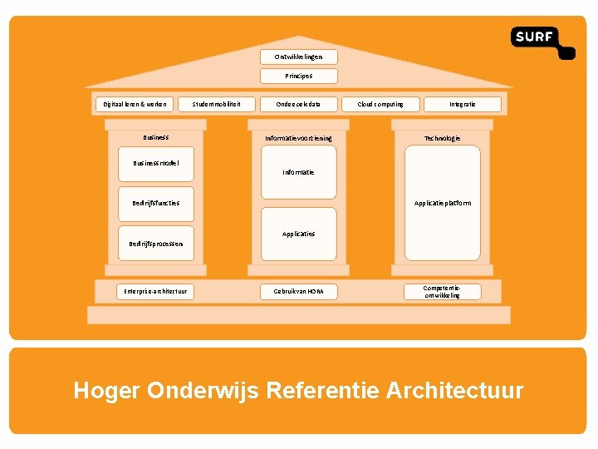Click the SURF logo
pyautogui.click(x=542, y=42)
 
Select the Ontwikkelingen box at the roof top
pyautogui.click(x=298, y=57)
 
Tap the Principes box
pyautogui.click(x=298, y=76)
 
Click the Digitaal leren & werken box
pyautogui.click(x=135, y=104)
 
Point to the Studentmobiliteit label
pyautogui.click(x=217, y=104)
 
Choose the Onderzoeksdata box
pyautogui.click(x=298, y=104)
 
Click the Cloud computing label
pyautogui.click(x=380, y=104)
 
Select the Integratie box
pyautogui.click(x=463, y=104)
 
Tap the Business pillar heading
pyautogui.click(x=155, y=137)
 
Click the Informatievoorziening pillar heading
pyautogui.click(x=298, y=138)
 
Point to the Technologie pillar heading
pyautogui.click(x=442, y=138)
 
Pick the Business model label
pyautogui.click(x=155, y=163)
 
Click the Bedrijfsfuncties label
pyautogui.click(x=155, y=203)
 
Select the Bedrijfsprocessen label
pyautogui.click(x=155, y=244)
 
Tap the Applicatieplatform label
pyautogui.click(x=443, y=203)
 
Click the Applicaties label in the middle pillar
pyautogui.click(x=298, y=234)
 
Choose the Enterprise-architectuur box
pyautogui.click(x=155, y=291)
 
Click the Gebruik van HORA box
pyautogui.click(x=298, y=291)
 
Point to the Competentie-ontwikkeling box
pyautogui.click(x=442, y=291)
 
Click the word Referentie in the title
pyautogui.click(x=325, y=390)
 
